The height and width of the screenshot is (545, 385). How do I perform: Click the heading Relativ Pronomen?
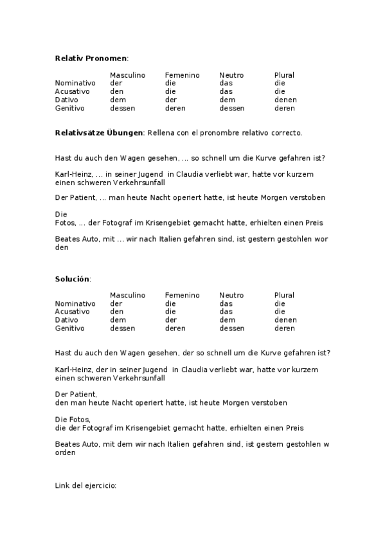click(x=91, y=58)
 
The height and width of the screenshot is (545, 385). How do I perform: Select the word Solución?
click(x=72, y=279)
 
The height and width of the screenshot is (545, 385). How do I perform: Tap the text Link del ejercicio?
click(x=85, y=486)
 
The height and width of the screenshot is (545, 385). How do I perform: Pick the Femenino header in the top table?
click(x=182, y=75)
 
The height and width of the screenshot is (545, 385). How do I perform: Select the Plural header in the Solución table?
click(x=284, y=295)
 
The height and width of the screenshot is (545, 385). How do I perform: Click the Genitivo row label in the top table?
click(x=71, y=108)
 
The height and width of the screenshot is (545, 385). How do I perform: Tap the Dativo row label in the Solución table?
click(x=67, y=319)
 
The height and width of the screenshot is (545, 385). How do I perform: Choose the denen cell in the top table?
click(x=285, y=100)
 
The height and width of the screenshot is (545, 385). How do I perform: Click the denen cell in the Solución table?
click(x=285, y=319)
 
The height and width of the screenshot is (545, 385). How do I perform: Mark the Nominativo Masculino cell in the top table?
click(x=116, y=83)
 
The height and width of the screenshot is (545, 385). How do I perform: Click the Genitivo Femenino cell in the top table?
click(x=175, y=108)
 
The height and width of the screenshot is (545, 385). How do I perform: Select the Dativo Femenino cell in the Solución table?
click(x=170, y=319)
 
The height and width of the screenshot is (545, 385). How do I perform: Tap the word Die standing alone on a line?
click(x=61, y=215)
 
